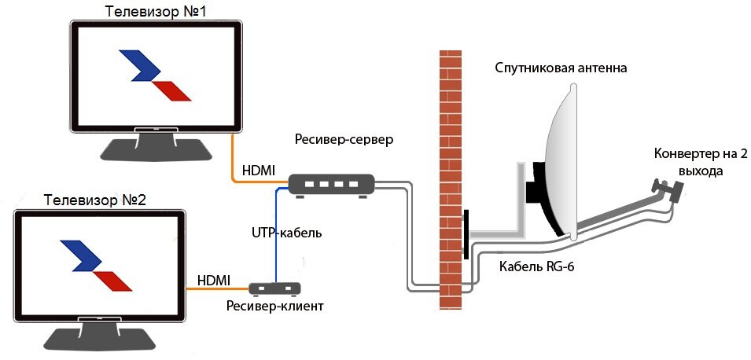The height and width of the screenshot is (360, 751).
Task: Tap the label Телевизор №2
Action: point(96,199)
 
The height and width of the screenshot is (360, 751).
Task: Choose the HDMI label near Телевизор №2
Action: point(214,280)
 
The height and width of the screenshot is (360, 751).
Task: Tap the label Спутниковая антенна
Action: point(561,68)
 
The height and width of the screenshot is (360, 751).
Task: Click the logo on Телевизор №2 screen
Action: point(96,265)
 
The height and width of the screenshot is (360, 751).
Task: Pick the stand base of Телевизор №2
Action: point(98,338)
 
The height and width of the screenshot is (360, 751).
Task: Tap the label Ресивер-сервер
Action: point(344,139)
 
